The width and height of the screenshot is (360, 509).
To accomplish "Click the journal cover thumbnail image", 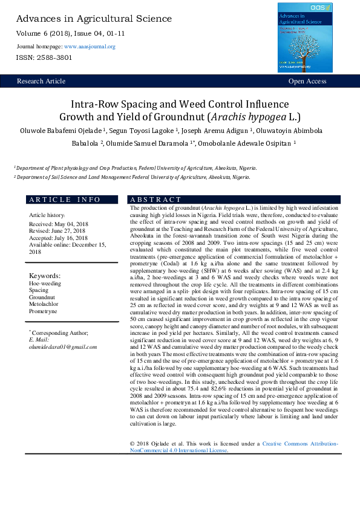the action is coord(304,37).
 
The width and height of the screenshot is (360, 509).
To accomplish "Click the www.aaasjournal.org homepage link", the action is coord(90,47).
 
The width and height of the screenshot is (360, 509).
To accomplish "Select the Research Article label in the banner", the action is coord(41,81).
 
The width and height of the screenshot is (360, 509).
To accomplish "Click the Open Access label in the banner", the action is coord(307,81).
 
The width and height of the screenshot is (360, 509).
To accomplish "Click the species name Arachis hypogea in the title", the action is coord(244,117).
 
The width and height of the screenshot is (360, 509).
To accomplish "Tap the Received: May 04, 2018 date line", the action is coord(58,224).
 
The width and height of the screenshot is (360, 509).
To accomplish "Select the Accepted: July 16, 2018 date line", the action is coord(59,238).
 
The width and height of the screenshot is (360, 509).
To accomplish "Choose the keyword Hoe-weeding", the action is coord(45,282).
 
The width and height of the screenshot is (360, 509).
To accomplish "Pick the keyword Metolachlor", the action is coord(44,304).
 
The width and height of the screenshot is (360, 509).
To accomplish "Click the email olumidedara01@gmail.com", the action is coord(63,347).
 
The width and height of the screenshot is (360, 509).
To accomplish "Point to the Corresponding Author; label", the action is coord(59,333).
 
